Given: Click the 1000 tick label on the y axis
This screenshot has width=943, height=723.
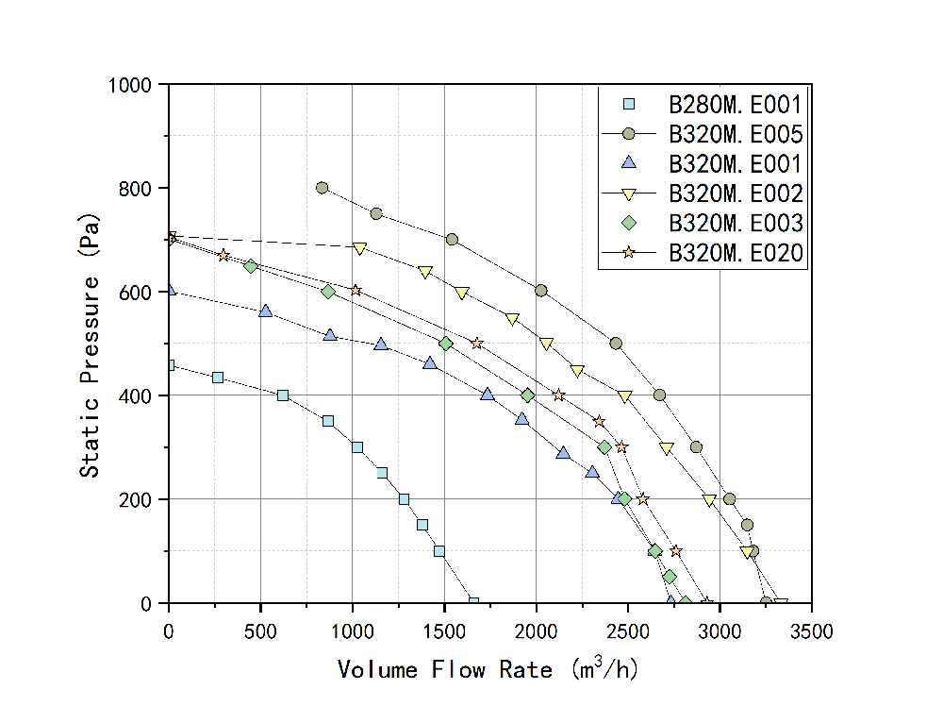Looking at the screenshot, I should pyautogui.click(x=136, y=85).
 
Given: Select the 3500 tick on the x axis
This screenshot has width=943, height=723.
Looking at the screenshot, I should pyautogui.click(x=811, y=602).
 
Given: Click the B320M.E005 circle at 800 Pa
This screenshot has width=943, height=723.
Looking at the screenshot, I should pyautogui.click(x=322, y=188).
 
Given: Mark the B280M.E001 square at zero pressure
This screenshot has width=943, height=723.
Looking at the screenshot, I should pyautogui.click(x=473, y=601).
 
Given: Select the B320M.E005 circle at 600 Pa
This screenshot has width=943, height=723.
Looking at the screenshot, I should pyautogui.click(x=540, y=291).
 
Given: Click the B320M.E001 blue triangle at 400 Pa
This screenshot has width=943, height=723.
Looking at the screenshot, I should pyautogui.click(x=488, y=395).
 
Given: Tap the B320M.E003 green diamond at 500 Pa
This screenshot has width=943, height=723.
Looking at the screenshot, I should pyautogui.click(x=446, y=344).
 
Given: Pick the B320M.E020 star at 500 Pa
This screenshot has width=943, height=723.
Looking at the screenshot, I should pyautogui.click(x=476, y=344).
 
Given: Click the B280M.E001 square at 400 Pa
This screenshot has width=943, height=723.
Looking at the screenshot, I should pyautogui.click(x=283, y=395).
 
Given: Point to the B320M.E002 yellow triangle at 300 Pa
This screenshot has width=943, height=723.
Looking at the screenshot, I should pyautogui.click(x=667, y=448).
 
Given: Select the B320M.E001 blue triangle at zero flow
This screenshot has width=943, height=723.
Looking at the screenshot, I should pyautogui.click(x=170, y=291).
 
